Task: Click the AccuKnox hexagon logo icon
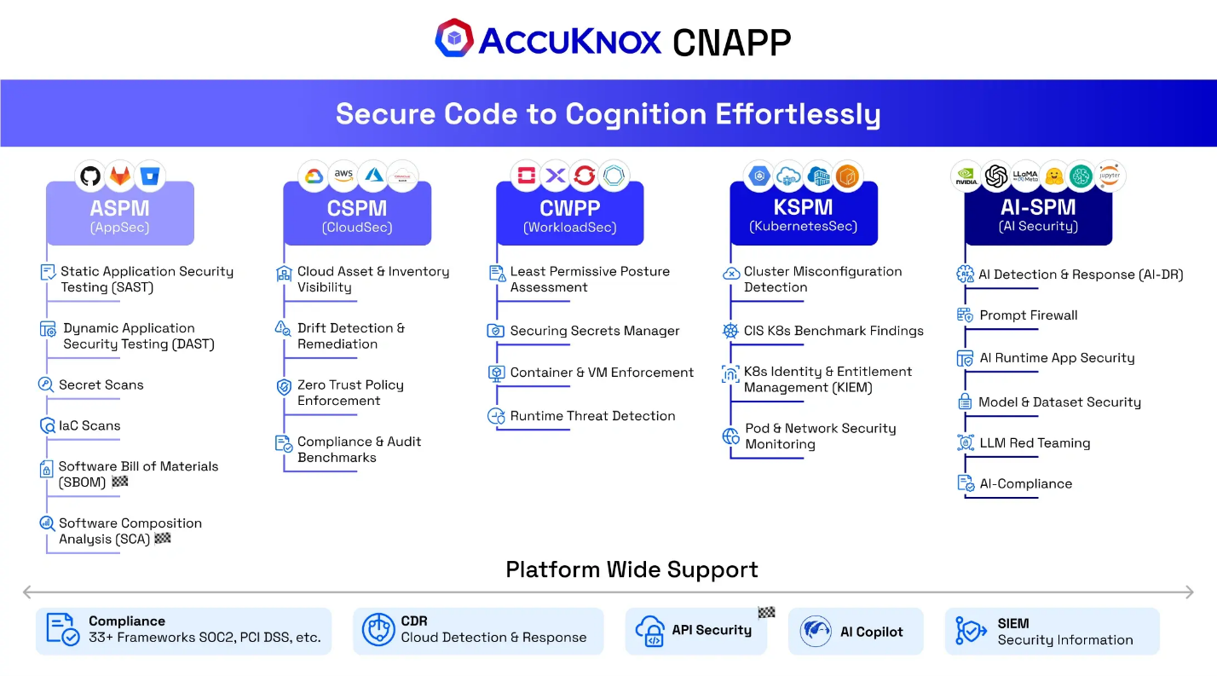click(x=453, y=38)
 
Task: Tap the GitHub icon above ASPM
click(x=89, y=176)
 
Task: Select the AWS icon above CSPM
click(x=343, y=175)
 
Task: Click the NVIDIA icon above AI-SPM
click(x=966, y=176)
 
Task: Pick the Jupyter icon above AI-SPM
click(x=1110, y=176)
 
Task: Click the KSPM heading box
click(x=803, y=215)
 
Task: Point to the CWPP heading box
click(x=569, y=215)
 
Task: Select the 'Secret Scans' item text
click(x=101, y=384)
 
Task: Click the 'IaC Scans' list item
click(x=89, y=425)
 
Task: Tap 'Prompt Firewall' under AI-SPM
click(x=1028, y=315)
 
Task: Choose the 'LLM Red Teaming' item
click(x=1035, y=443)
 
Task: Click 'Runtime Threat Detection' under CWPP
click(x=592, y=416)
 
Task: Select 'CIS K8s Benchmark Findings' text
click(x=833, y=331)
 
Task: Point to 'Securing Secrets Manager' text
click(x=595, y=331)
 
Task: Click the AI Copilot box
click(x=855, y=632)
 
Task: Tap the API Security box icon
click(x=650, y=632)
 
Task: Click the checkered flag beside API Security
click(x=766, y=612)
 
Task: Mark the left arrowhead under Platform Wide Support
click(x=27, y=592)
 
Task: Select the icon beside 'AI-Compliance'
click(x=966, y=483)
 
